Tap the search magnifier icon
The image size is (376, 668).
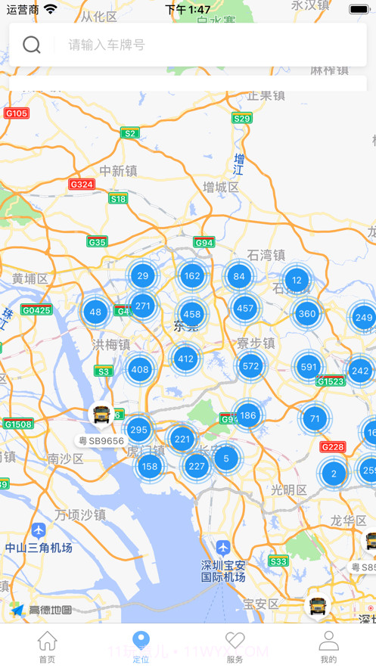[32, 45]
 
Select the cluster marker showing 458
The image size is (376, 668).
[192, 314]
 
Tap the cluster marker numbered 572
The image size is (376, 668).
[250, 366]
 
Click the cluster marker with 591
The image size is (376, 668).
[308, 368]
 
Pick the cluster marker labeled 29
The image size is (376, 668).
[142, 275]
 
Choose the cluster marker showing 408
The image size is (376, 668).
[139, 369]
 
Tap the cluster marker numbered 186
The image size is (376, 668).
[247, 415]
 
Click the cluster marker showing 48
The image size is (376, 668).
[95, 312]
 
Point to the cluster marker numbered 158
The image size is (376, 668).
[150, 466]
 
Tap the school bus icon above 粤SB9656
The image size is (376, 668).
[101, 415]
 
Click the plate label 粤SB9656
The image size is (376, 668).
[101, 440]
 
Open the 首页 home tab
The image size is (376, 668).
[47, 647]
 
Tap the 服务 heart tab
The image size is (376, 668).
[235, 647]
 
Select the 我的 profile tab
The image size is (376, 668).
[328, 647]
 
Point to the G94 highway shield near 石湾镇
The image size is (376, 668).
[204, 242]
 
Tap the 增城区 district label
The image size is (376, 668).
[220, 187]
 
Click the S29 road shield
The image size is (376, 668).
[241, 118]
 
